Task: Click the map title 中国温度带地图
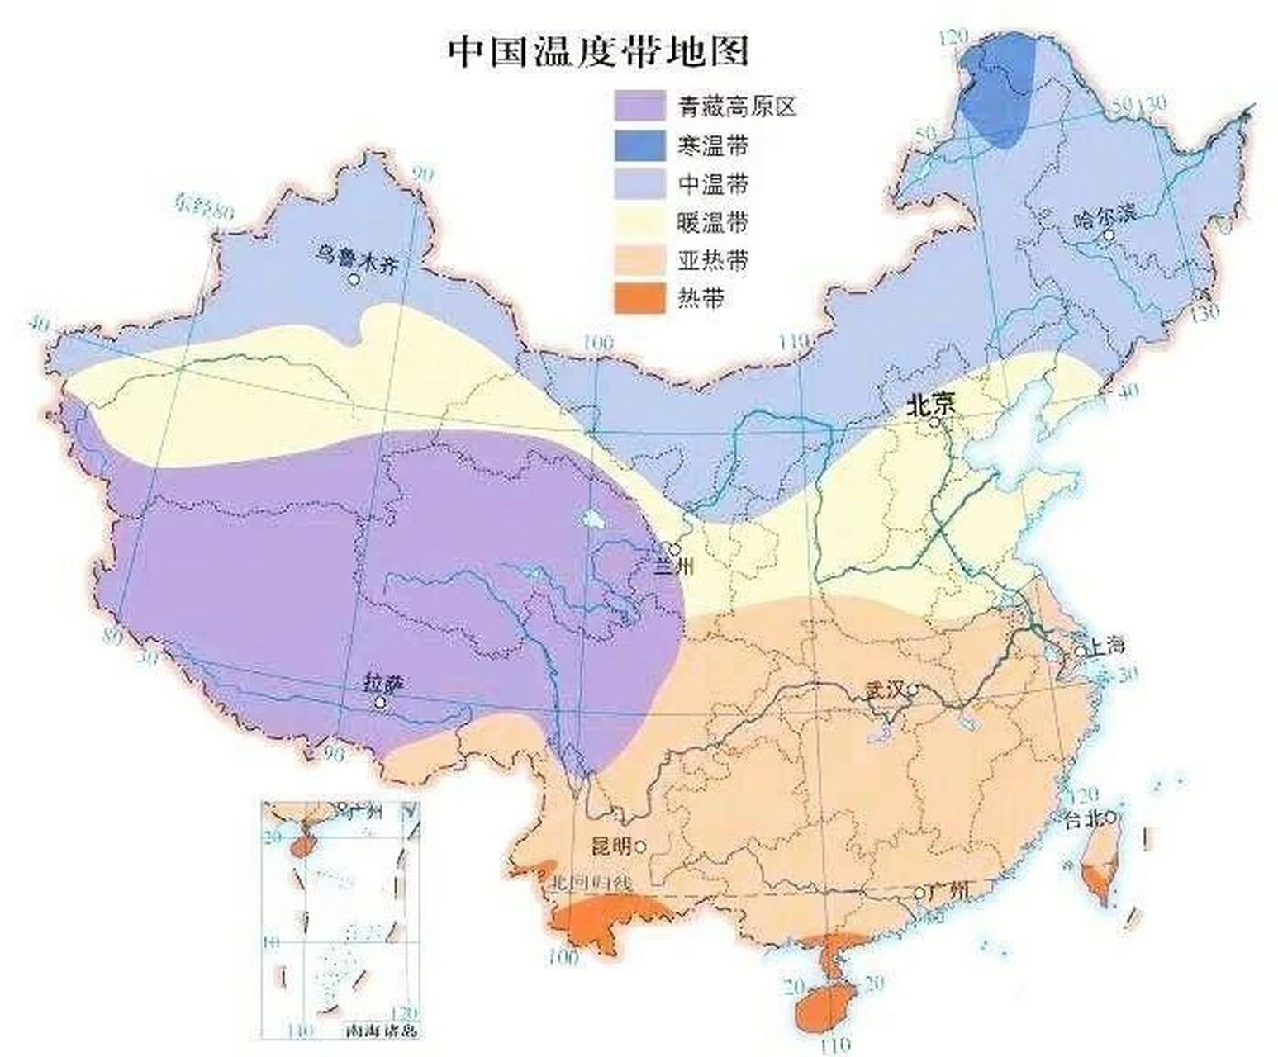pos(598,51)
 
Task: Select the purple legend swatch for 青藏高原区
pos(639,106)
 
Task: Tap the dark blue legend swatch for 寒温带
pos(639,145)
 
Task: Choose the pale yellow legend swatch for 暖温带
pos(639,222)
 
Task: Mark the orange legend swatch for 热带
pos(639,299)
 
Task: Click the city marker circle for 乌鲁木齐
pos(354,279)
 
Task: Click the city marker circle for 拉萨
pos(380,703)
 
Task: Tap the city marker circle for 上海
pos(1080,652)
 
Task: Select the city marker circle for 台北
pos(1112,818)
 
